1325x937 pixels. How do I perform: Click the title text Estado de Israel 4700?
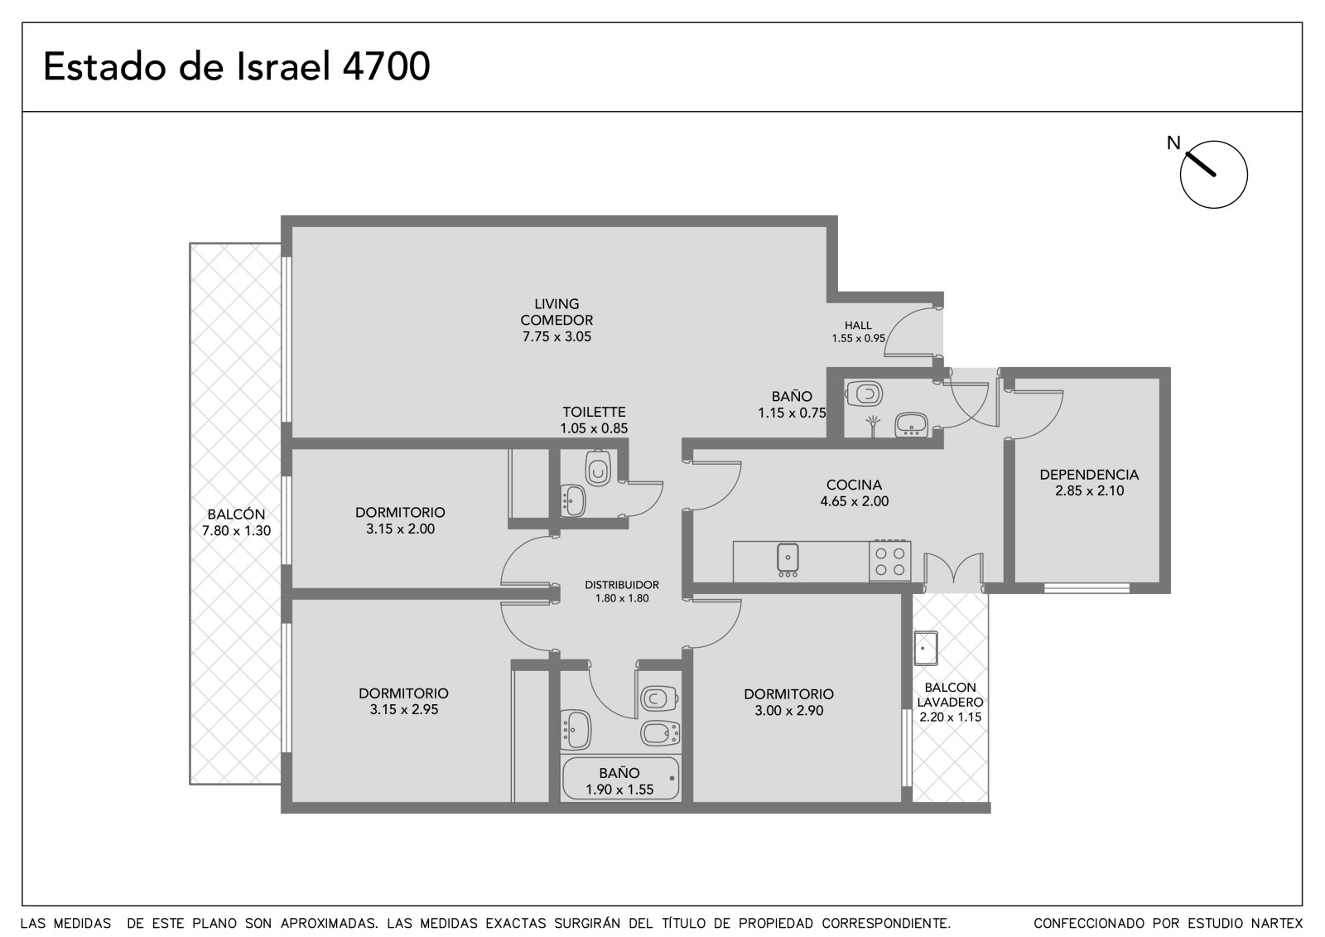pyautogui.click(x=237, y=66)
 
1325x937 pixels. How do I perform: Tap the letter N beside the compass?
pyautogui.click(x=1173, y=142)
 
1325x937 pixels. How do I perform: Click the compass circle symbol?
pyautogui.click(x=1214, y=175)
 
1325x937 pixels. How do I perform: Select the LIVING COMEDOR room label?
pyautogui.click(x=556, y=312)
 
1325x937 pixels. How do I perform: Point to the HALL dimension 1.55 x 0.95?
pyautogui.click(x=858, y=339)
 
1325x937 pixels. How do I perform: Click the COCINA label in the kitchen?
pyautogui.click(x=854, y=485)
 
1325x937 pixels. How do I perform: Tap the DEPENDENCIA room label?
pyautogui.click(x=1089, y=474)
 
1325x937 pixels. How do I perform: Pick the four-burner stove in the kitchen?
pyautogui.click(x=889, y=561)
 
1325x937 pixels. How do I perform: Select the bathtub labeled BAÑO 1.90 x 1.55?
pyautogui.click(x=620, y=778)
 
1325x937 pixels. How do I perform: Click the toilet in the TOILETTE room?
pyautogui.click(x=598, y=468)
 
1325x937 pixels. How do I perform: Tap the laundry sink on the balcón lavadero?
pyautogui.click(x=926, y=648)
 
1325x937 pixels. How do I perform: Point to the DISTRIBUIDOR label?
pyautogui.click(x=622, y=585)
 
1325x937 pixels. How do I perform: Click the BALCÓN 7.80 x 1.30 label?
pyautogui.click(x=236, y=522)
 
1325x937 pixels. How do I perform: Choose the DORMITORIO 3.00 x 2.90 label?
pyautogui.click(x=788, y=702)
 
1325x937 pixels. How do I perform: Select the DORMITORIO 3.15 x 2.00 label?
pyautogui.click(x=400, y=520)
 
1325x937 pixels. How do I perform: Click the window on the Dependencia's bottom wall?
pyautogui.click(x=1086, y=587)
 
